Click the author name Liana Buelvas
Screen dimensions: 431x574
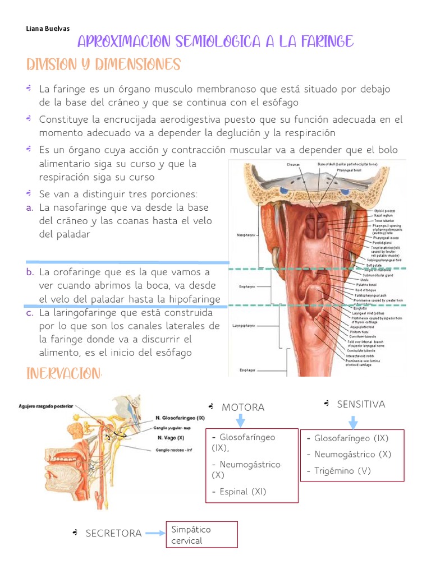pyautogui.click(x=48, y=29)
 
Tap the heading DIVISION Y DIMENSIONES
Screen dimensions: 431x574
pyautogui.click(x=103, y=64)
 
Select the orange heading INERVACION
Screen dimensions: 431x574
pyautogui.click(x=64, y=374)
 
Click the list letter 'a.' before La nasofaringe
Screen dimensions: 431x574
pyautogui.click(x=30, y=207)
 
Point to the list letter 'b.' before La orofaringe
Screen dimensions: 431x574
pyautogui.click(x=30, y=272)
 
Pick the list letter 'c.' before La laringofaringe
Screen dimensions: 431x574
pyautogui.click(x=30, y=313)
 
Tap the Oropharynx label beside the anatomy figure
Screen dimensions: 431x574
pyautogui.click(x=247, y=286)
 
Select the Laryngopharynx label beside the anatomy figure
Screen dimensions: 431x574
pyautogui.click(x=245, y=325)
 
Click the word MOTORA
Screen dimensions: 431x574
pyautogui.click(x=243, y=408)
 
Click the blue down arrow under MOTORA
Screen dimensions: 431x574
pyautogui.click(x=241, y=422)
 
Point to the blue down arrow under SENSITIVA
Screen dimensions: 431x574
pyautogui.click(x=352, y=422)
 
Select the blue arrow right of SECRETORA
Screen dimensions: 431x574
pyautogui.click(x=155, y=533)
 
